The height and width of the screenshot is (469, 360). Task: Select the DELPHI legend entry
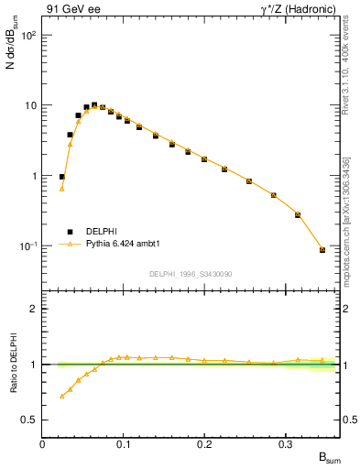click(x=100, y=232)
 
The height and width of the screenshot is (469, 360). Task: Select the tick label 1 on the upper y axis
click(x=32, y=176)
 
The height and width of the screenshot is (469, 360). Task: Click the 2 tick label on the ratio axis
click(x=32, y=309)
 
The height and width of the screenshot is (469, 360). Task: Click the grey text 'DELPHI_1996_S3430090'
click(x=190, y=274)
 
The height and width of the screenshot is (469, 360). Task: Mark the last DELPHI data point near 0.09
click(x=322, y=249)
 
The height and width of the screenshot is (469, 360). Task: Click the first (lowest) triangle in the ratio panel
click(x=62, y=397)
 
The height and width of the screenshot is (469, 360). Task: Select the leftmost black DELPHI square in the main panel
click(x=62, y=177)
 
